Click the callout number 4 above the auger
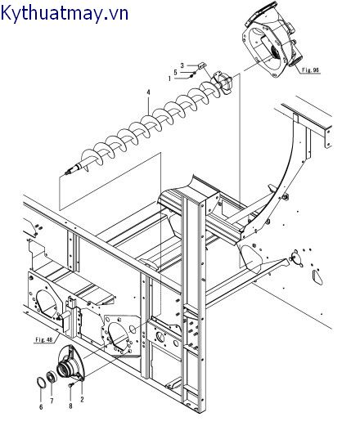(x=148, y=92)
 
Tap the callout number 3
(x=182, y=65)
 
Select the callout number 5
(x=175, y=72)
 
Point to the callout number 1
(x=169, y=78)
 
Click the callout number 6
(x=41, y=407)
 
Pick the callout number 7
(x=52, y=401)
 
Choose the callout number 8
(x=70, y=406)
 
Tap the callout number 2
(x=82, y=400)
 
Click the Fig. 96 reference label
(x=310, y=70)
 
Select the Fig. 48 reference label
(x=44, y=340)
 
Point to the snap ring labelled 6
(x=41, y=382)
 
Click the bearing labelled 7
(x=52, y=377)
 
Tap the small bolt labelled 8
(x=71, y=384)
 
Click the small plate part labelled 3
(x=203, y=65)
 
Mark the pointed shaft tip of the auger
(x=66, y=173)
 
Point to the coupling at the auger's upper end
(x=223, y=82)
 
